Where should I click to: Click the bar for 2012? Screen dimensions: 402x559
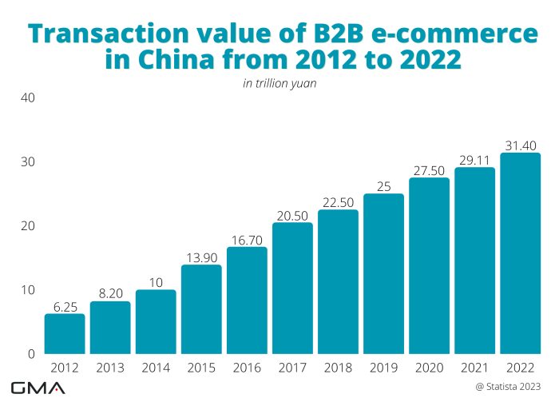pos(65,333)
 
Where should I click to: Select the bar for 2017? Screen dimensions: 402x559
pos(292,288)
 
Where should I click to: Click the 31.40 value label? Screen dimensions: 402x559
pos(520,145)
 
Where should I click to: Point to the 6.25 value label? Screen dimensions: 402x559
pos(65,305)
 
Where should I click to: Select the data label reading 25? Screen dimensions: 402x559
pos(383,185)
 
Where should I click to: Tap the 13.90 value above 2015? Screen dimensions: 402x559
pos(201,257)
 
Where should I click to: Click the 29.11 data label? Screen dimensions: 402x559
pos(474,159)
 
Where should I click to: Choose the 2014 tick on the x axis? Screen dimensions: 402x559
pos(156,368)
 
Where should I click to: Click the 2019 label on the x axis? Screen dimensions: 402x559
pos(383,368)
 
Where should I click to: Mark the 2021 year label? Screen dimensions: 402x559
pos(474,368)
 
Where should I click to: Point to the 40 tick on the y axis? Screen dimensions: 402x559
pos(27,98)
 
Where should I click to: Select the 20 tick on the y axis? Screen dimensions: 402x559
pos(27,226)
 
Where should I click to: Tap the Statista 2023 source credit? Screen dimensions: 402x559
pos(513,387)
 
